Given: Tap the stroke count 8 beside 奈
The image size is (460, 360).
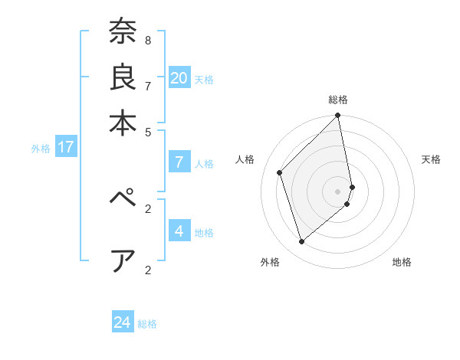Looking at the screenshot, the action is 148,39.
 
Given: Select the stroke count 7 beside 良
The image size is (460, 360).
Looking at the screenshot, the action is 148,85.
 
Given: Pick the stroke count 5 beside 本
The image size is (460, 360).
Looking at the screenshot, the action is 148,131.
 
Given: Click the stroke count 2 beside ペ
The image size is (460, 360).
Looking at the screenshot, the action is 148,208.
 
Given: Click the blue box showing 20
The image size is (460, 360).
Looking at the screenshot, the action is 179,77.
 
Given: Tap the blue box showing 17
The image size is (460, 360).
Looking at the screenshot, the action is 65,147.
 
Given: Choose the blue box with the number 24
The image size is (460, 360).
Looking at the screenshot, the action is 122,322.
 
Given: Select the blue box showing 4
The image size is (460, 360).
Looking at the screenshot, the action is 179,231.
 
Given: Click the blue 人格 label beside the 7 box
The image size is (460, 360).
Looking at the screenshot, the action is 204,163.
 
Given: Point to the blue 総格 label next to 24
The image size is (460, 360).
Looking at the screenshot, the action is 147,324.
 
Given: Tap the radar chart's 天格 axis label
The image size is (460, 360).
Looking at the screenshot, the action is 431,159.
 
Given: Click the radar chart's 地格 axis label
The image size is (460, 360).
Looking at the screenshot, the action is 402,262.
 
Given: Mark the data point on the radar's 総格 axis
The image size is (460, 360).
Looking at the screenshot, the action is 338,116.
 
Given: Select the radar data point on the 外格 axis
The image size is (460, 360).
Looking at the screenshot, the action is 302,242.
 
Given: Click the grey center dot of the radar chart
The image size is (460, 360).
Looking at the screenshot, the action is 338,190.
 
